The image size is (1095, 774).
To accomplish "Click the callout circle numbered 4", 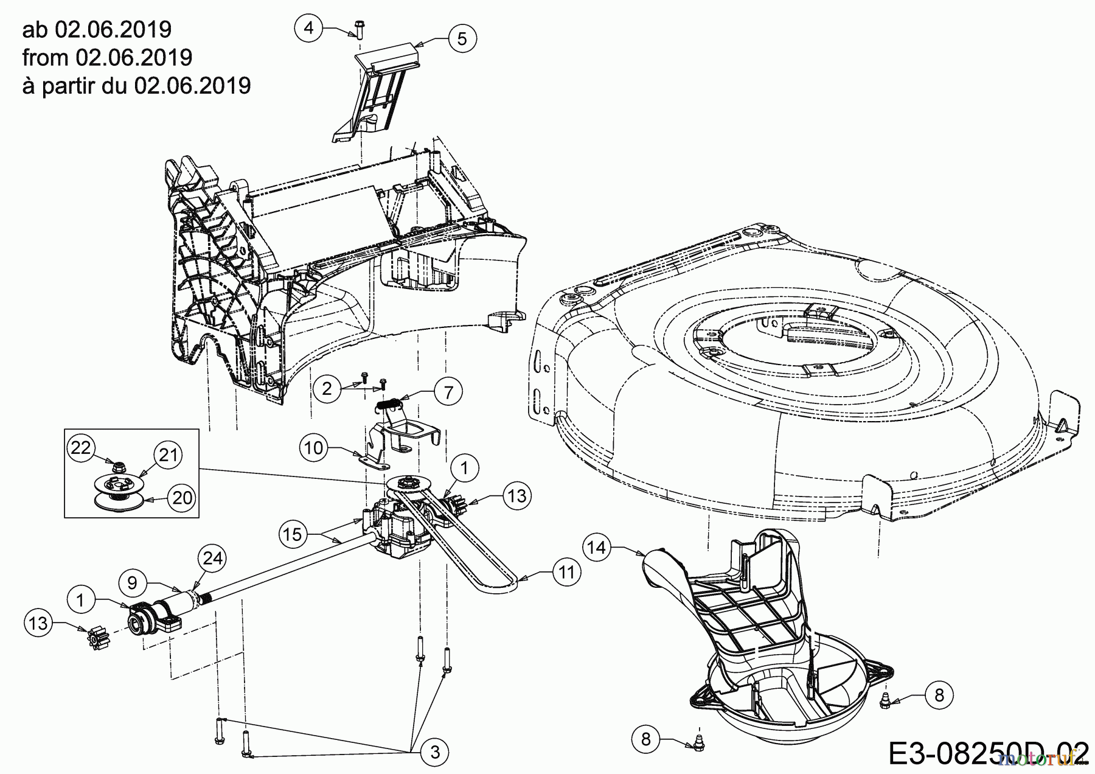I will pos(310,29).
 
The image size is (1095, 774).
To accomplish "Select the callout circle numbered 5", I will pos(462,39).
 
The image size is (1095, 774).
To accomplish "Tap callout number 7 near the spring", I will pos(448,392).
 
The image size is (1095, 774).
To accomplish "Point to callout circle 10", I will pos(314,448).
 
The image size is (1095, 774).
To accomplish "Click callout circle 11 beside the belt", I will pos(567,573).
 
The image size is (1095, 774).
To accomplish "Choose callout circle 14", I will pos(597,548).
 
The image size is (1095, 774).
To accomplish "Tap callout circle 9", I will pos(133,582).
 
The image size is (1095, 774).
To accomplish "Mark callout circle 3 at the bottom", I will pos(434,752).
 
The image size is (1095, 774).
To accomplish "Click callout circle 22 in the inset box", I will pos(81,448).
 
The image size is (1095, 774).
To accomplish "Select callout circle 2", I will pos(327,388).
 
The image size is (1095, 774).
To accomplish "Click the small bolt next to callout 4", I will pos(358,29).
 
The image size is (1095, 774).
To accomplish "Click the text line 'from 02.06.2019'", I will pos(107,57).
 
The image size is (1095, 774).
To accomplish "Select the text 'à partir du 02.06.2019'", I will pos(136,86).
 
